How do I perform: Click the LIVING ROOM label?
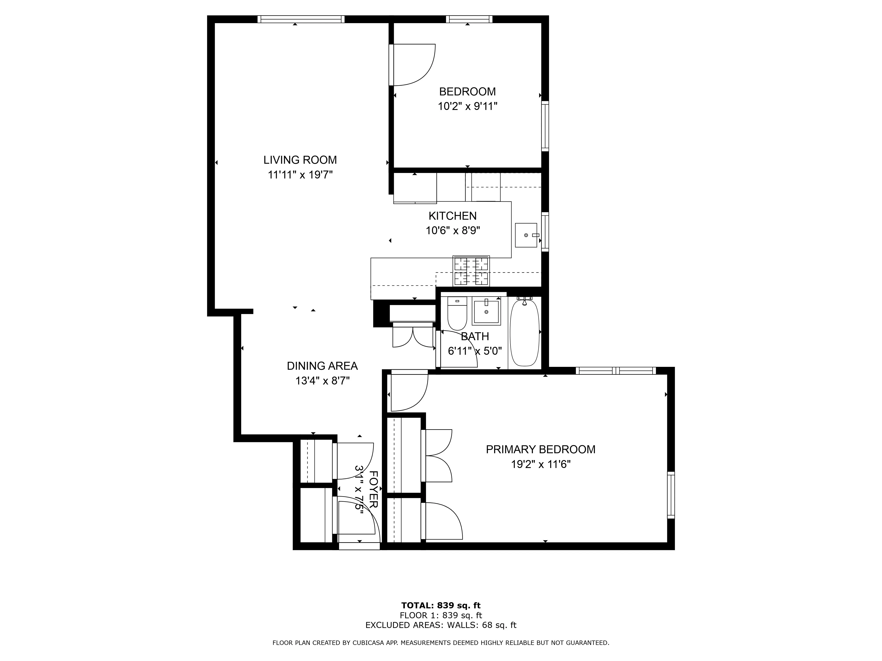click(300, 160)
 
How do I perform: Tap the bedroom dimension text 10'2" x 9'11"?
click(467, 106)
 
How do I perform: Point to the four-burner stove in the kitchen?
click(471, 271)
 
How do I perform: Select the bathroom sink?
click(486, 312)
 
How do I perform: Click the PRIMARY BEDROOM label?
click(540, 449)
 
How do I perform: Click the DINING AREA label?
click(322, 366)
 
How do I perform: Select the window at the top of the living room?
click(300, 19)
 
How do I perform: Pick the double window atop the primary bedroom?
click(616, 371)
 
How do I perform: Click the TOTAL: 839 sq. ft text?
click(441, 606)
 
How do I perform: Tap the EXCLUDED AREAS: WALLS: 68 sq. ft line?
click(441, 625)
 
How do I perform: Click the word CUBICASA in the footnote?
click(372, 643)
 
